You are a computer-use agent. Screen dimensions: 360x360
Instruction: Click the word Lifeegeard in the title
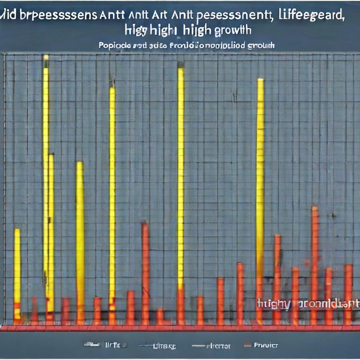point(310,15)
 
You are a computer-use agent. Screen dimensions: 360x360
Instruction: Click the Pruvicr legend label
point(266,345)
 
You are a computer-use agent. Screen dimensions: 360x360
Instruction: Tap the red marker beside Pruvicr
point(248,345)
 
